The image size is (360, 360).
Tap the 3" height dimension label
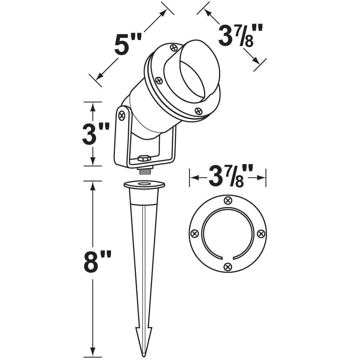(x=96, y=134)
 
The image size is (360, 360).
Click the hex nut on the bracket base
(x=144, y=158)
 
